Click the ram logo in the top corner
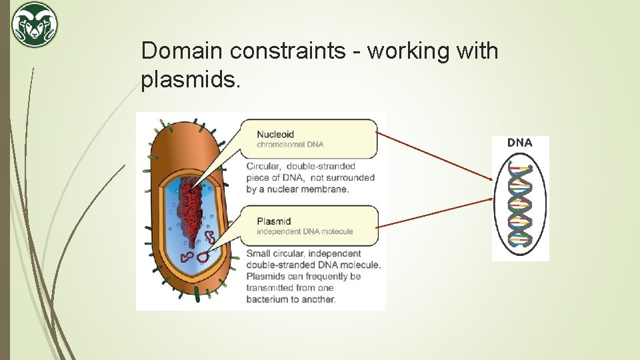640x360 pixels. click(35, 25)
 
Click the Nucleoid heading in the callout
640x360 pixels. click(275, 134)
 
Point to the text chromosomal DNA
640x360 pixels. click(290, 145)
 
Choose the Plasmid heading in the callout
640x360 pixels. click(274, 221)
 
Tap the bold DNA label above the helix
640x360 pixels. click(520, 143)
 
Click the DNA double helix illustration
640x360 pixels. click(520, 204)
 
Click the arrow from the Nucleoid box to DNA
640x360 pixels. click(435, 156)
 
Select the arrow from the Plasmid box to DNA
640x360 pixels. click(435, 213)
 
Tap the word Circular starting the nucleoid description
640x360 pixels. click(264, 166)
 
